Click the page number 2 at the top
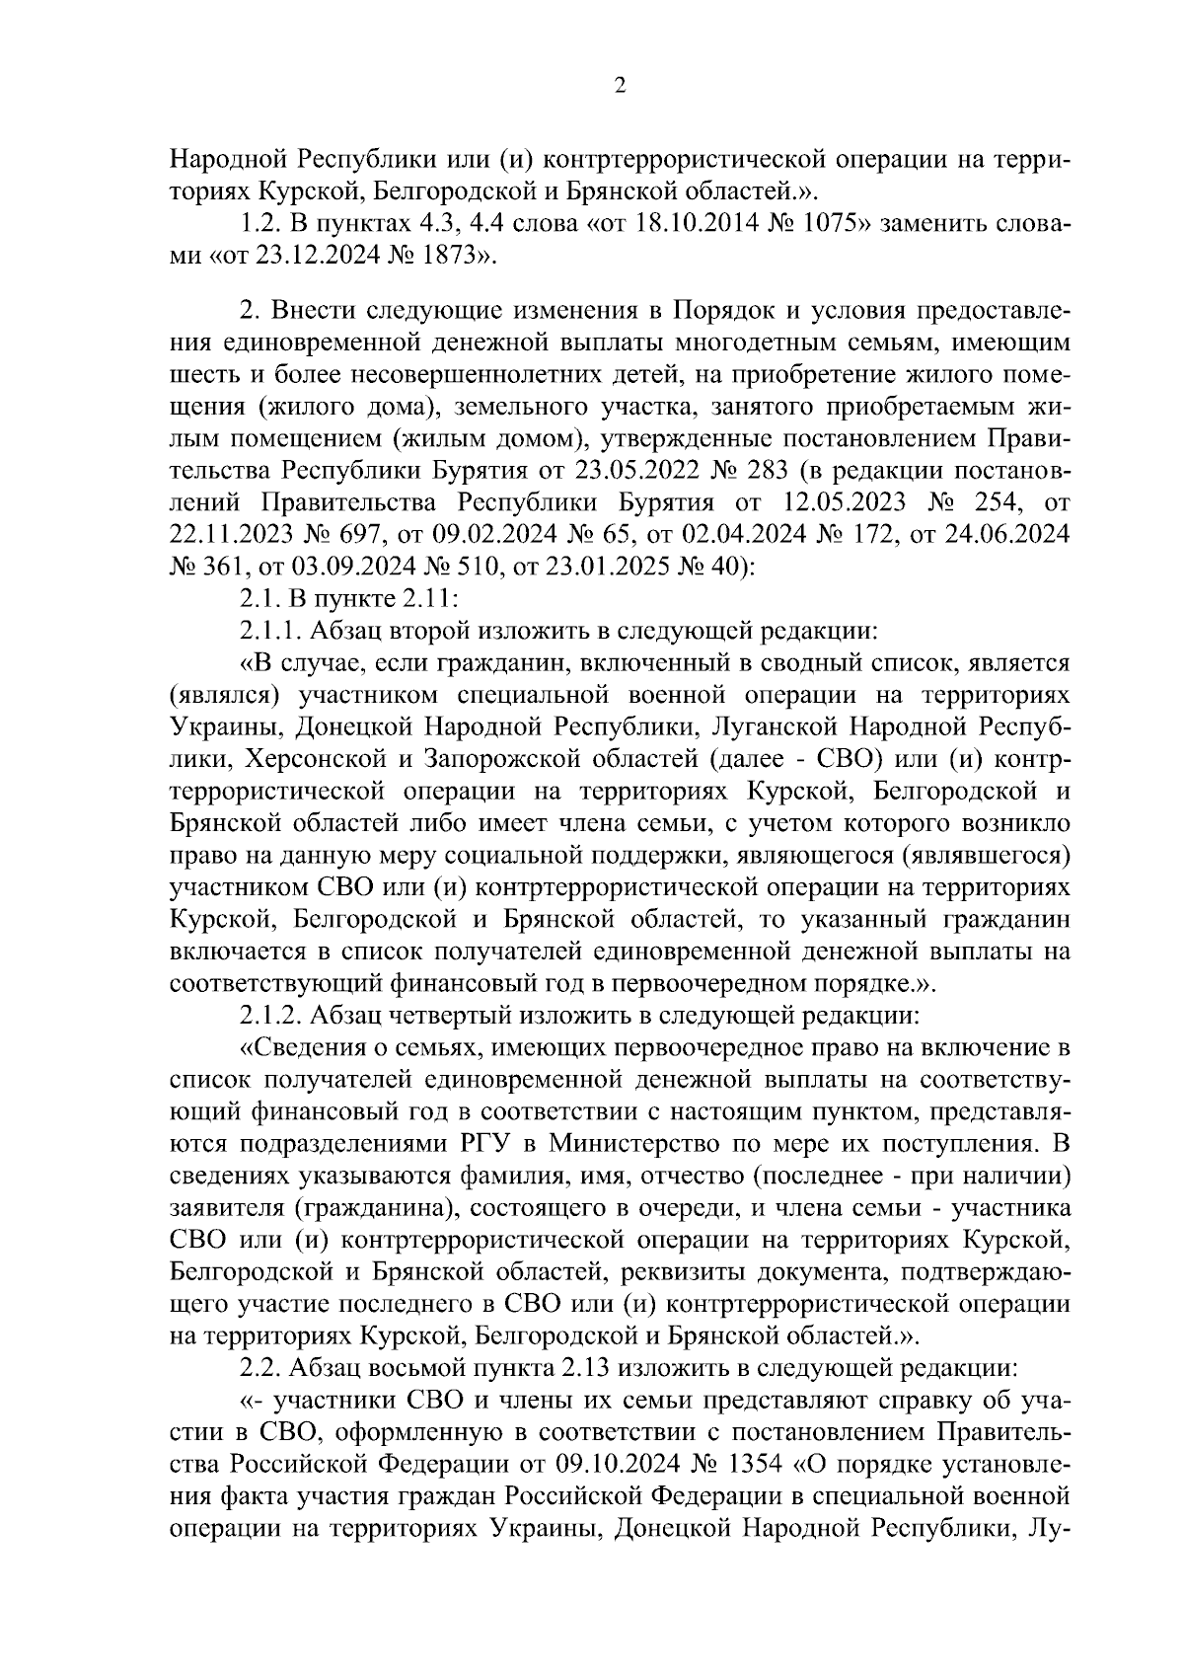coord(620,86)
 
